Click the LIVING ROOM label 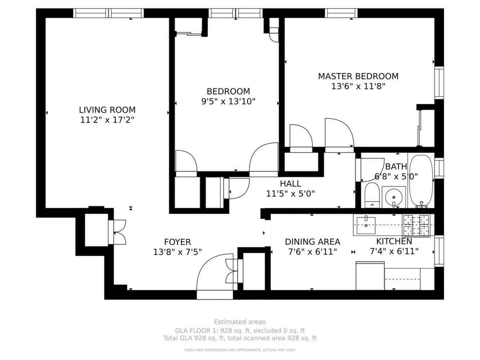click(107, 110)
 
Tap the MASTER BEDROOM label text click(358, 76)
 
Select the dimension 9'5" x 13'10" click(228, 101)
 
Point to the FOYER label click(178, 242)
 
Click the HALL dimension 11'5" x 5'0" click(290, 194)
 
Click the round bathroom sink click(394, 197)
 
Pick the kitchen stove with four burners click(416, 225)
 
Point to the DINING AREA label click(312, 242)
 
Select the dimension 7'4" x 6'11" click(394, 251)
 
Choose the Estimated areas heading click(240, 322)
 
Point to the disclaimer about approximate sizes click(240, 350)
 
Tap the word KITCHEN click(394, 241)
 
